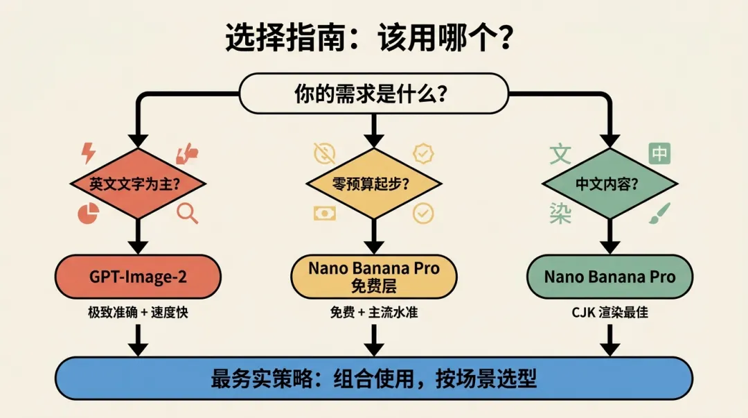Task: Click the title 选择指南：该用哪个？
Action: coord(369,38)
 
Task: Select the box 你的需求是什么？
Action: coord(373,94)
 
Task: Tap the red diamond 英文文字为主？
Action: coord(139,184)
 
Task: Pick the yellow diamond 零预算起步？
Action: coord(373,184)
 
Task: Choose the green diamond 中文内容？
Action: coord(609,184)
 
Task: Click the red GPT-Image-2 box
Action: coord(139,277)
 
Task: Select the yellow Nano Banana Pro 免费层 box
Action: coord(373,277)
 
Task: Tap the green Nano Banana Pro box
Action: coord(609,277)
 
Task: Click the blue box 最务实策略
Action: coord(373,378)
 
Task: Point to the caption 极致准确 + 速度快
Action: coord(139,313)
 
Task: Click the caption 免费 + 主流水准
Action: coord(373,313)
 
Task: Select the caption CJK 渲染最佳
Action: coord(609,313)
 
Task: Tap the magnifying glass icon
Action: coord(187,213)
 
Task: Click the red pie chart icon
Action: coord(87,214)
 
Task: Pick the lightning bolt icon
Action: coord(88,152)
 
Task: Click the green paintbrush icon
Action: coord(658,213)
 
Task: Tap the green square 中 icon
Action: coord(659,153)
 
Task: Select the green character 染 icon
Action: coord(560,213)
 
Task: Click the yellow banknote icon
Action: coord(323,213)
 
